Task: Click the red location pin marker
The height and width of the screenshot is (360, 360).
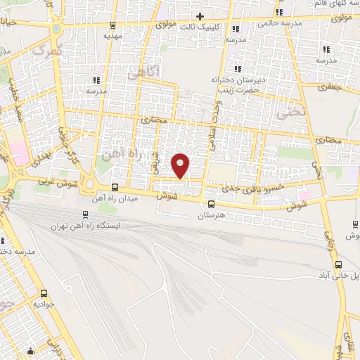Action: click(181, 165)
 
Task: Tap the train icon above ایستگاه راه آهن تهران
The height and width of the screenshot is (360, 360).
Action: click(85, 214)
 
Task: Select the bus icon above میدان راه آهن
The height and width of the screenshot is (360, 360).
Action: click(115, 186)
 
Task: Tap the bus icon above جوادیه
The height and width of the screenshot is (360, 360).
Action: click(44, 293)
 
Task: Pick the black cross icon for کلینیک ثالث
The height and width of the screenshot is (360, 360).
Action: click(200, 15)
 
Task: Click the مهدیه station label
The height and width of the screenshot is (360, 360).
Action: click(112, 35)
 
